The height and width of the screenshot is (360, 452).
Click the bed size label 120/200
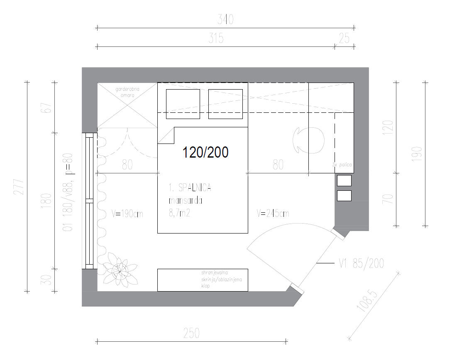(205, 152)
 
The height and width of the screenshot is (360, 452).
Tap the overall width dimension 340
(225, 19)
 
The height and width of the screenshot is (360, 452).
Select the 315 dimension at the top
(216, 38)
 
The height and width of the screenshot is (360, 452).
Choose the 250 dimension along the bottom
(191, 333)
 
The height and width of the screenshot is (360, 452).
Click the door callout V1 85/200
(361, 263)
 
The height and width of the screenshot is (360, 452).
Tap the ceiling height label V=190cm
(127, 214)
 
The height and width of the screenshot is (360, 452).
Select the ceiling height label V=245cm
(273, 214)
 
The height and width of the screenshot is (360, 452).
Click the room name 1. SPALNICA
(190, 188)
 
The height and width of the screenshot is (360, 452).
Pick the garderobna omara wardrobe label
(127, 92)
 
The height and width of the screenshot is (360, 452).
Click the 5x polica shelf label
(342, 165)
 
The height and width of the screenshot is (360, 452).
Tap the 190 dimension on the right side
(418, 154)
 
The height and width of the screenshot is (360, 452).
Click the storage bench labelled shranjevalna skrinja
(202, 280)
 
